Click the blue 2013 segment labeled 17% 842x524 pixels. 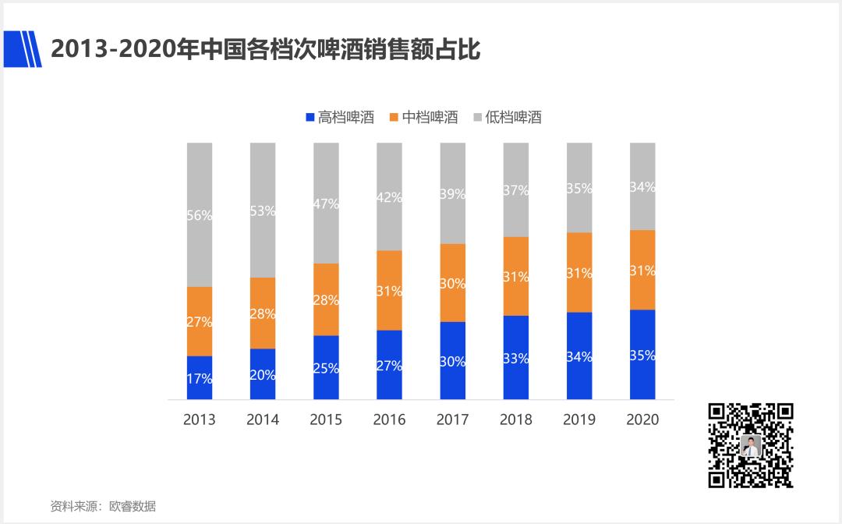tap(200, 378)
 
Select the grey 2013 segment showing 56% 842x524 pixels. tap(200, 214)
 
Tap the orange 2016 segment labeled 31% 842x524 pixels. tap(389, 290)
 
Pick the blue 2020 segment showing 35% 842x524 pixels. tap(642, 355)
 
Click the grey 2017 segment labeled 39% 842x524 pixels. tap(452, 193)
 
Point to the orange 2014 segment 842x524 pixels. tap(263, 313)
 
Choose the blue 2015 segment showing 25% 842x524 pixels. tap(326, 368)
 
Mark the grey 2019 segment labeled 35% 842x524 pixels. tap(579, 188)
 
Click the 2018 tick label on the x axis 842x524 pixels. tap(515, 420)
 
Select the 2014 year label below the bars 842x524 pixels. tap(263, 420)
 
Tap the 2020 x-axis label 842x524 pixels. tap(642, 420)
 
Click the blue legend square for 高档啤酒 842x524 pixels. tap(310, 118)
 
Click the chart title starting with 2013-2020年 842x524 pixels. tap(264, 49)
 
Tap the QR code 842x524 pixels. tap(750, 445)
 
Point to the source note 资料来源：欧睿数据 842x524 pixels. tap(103, 506)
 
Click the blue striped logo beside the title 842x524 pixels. tap(23, 49)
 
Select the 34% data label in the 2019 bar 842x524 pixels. tap(579, 357)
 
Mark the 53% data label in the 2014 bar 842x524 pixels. tap(263, 211)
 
